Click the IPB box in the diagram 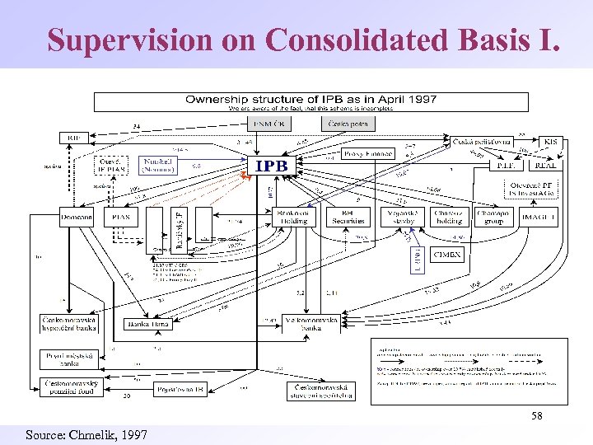(x=271, y=166)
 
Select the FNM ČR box (x=269, y=124)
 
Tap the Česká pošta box (x=348, y=124)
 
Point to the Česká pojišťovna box (x=482, y=142)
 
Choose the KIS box (x=549, y=142)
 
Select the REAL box (x=545, y=164)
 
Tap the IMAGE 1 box (x=539, y=216)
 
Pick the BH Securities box (x=348, y=216)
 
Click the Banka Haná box (x=148, y=324)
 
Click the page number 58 (x=536, y=416)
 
